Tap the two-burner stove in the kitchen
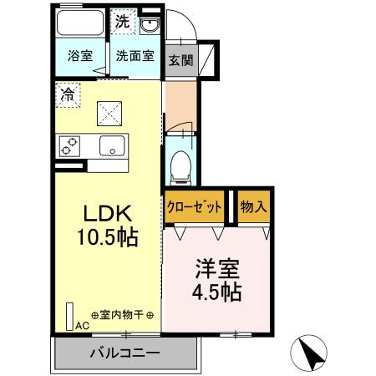coord(69,146)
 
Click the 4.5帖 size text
coord(217,293)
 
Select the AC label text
coord(82,325)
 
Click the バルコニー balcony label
coord(125,353)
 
